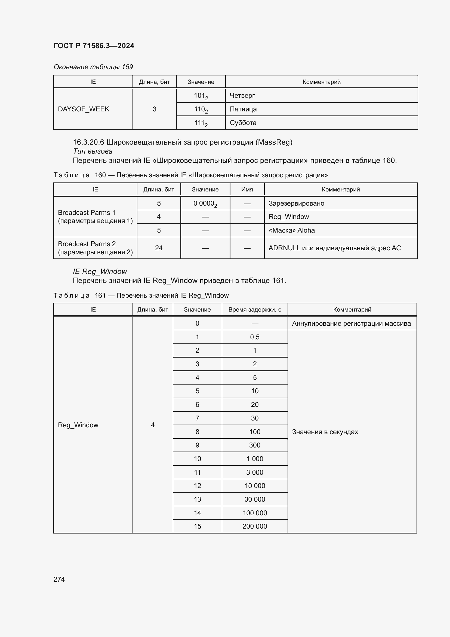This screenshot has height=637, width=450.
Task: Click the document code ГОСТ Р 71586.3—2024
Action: tap(94, 46)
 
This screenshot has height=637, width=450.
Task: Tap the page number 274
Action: tap(59, 579)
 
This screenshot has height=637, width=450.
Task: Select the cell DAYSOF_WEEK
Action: tap(84, 109)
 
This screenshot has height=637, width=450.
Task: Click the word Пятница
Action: tap(243, 109)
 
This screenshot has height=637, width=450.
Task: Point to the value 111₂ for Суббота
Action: tap(201, 123)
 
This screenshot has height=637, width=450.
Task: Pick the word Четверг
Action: tap(242, 95)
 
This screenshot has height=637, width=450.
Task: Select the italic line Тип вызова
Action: tap(93, 151)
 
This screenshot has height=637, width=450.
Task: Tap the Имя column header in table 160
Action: tap(247, 190)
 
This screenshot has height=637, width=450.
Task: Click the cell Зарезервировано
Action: tap(296, 203)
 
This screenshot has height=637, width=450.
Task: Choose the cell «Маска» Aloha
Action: tap(291, 230)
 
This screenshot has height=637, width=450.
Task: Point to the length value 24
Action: tap(159, 248)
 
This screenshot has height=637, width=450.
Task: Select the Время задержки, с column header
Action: tap(255, 310)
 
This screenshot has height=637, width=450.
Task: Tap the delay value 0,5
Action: tap(255, 337)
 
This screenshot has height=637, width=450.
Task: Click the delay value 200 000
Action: tap(255, 526)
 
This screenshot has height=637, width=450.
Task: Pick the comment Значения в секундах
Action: tap(325, 432)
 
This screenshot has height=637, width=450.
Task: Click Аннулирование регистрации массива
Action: tap(351, 324)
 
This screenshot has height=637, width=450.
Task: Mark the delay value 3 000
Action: tap(255, 472)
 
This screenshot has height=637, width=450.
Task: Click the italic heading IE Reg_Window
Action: tap(100, 271)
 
